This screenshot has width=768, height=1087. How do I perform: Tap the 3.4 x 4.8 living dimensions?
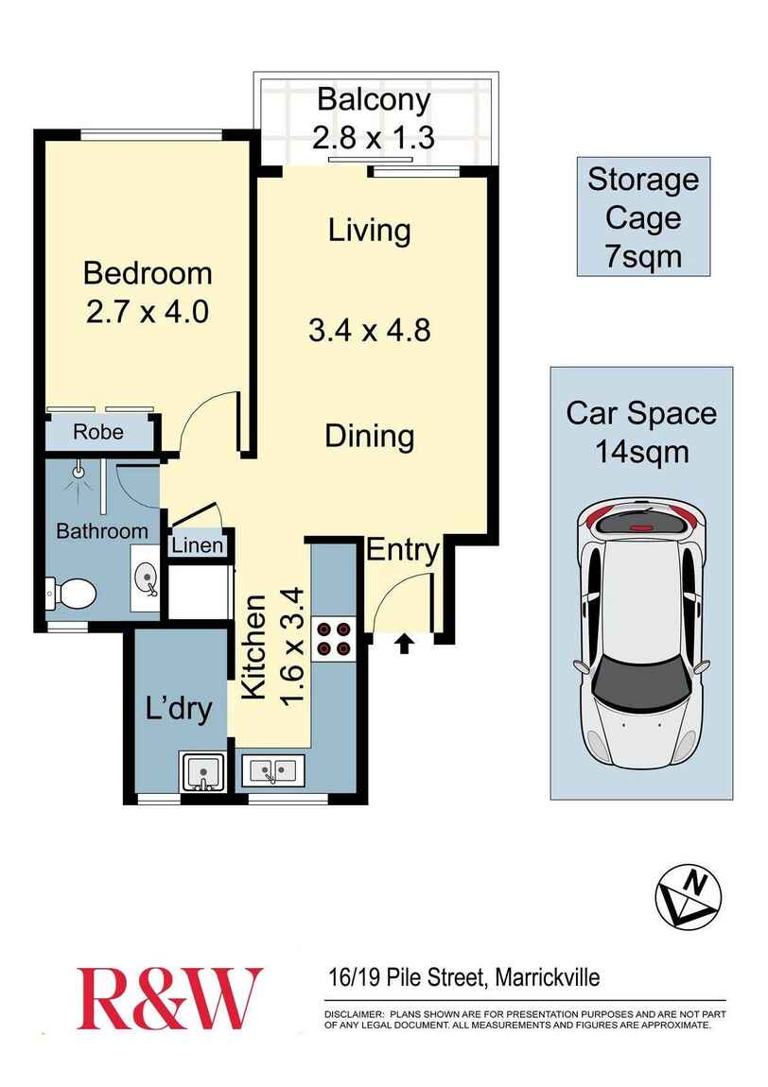tap(370, 331)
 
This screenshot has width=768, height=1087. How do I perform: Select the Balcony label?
tap(374, 99)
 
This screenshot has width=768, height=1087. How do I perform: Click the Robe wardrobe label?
tap(98, 434)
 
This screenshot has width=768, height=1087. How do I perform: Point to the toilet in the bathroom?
tap(72, 593)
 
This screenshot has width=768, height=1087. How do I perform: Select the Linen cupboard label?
tap(198, 546)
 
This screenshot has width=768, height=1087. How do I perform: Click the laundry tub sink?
tap(203, 771)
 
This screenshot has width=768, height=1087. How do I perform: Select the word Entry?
tap(403, 550)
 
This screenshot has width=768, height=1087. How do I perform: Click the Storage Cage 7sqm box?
tap(643, 217)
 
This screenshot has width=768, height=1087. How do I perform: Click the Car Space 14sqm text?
tap(641, 431)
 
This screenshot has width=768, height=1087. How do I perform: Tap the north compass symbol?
tap(689, 894)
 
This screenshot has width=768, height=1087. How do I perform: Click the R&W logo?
tap(168, 999)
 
